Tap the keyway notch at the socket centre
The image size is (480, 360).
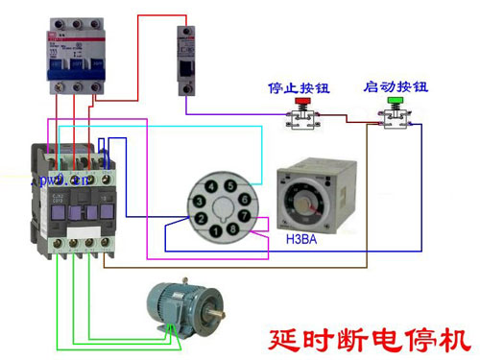(x=224, y=210)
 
